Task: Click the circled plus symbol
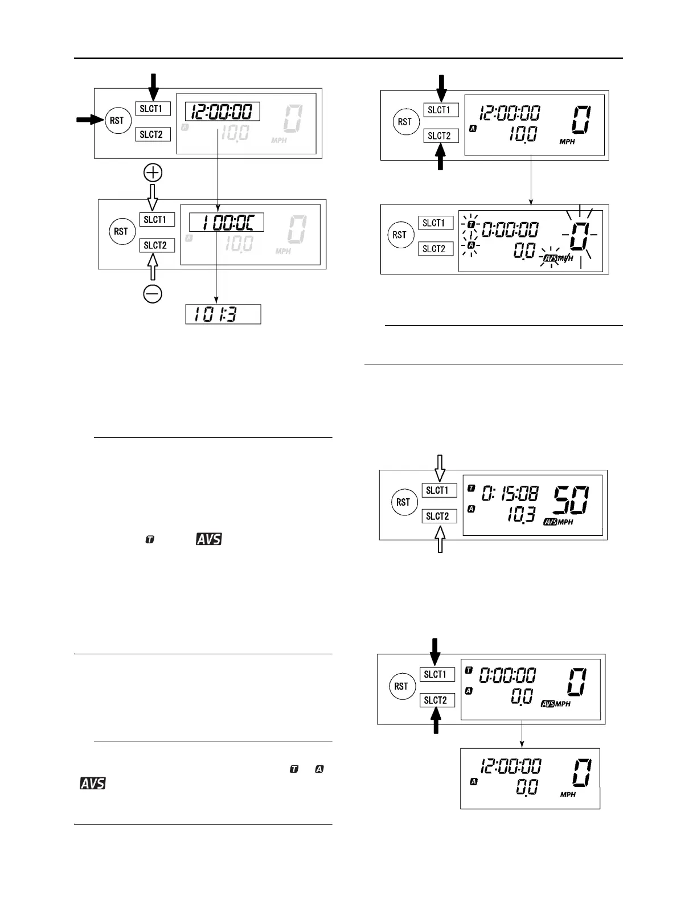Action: (x=153, y=173)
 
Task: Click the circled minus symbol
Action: (x=153, y=294)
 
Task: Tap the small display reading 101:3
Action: (x=223, y=314)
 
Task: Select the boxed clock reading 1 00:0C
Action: (x=227, y=222)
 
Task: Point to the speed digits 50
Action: (x=568, y=500)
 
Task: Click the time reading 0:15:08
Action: (x=510, y=493)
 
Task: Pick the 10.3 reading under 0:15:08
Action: (x=521, y=515)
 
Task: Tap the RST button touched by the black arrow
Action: (x=117, y=121)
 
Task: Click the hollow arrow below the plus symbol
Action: (x=153, y=197)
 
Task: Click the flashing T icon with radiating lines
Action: (x=470, y=224)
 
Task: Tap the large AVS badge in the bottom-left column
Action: (x=92, y=784)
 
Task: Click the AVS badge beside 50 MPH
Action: (x=550, y=522)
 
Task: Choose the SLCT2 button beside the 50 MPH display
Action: (x=439, y=516)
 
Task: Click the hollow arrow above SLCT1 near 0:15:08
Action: (x=440, y=467)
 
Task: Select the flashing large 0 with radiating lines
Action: (x=578, y=235)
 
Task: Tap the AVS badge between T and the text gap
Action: (x=209, y=539)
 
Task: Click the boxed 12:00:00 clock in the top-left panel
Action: (x=223, y=112)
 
